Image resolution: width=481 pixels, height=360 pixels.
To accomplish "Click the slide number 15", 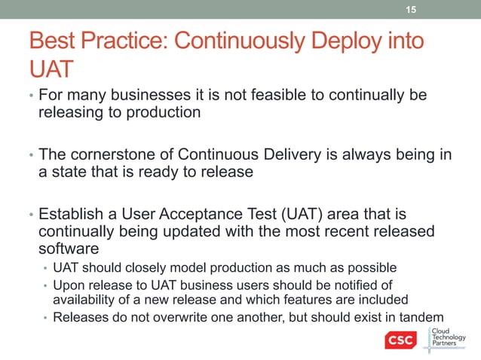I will click(411, 9).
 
